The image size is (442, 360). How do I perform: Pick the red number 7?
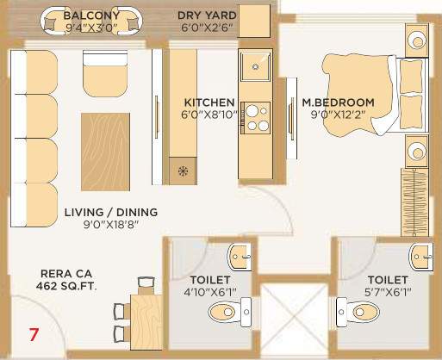click(34, 332)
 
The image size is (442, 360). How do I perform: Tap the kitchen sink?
click(257, 65)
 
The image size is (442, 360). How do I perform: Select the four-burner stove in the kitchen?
click(257, 117)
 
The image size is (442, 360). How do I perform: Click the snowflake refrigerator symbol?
click(182, 170)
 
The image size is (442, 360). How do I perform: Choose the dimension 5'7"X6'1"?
click(388, 292)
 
